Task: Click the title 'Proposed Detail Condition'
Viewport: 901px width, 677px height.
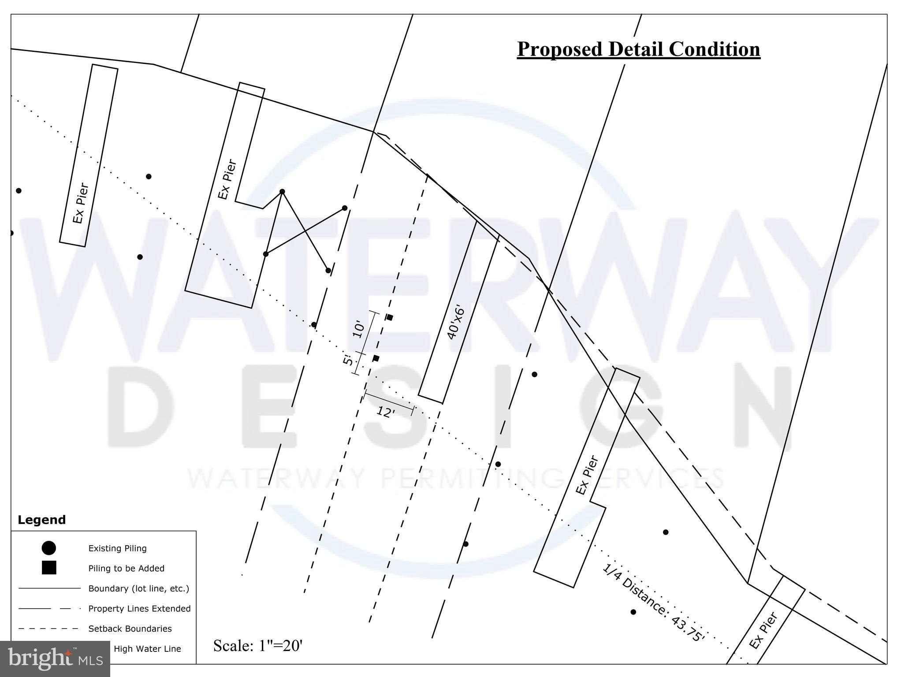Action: (x=638, y=49)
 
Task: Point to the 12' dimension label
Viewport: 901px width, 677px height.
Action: (x=385, y=413)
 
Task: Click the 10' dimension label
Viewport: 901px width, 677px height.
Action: (x=359, y=329)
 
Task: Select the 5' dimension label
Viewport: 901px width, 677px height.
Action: (x=348, y=360)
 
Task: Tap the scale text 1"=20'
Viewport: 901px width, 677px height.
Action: (x=258, y=646)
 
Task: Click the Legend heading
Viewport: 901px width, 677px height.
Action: (x=41, y=520)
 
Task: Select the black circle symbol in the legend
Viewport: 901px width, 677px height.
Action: (x=48, y=548)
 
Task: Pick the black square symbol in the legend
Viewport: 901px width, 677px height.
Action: (x=48, y=568)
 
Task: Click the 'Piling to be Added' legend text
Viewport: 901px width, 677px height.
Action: (x=126, y=569)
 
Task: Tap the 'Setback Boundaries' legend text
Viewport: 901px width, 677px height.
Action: (x=130, y=629)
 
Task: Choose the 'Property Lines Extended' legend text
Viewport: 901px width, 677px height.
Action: (x=139, y=609)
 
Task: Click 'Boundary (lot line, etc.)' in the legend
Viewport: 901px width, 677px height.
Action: (x=138, y=588)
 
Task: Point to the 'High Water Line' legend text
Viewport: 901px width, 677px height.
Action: (x=147, y=649)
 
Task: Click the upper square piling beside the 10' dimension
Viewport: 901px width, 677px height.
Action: (x=389, y=317)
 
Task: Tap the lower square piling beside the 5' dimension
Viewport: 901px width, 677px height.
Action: (x=376, y=358)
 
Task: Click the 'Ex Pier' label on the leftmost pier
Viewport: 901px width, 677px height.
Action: (x=80, y=203)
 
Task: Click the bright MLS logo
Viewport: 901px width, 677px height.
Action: (x=55, y=658)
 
